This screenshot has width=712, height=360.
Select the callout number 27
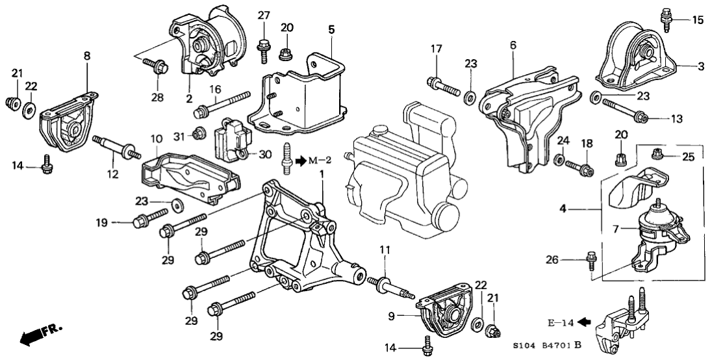[263, 15]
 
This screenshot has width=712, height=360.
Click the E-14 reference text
[562, 320]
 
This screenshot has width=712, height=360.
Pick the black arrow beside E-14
[583, 320]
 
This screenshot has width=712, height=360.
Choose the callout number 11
[385, 249]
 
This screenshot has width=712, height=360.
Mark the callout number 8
[88, 57]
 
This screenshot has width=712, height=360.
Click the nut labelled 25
[657, 153]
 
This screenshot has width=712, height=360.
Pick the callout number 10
[156, 138]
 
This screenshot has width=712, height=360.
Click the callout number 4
[563, 210]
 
